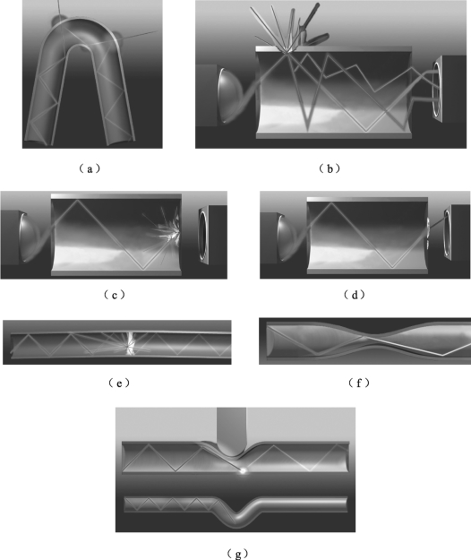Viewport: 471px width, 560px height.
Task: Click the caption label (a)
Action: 90,168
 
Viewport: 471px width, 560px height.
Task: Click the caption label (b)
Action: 329,168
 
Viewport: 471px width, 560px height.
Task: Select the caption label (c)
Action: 115,295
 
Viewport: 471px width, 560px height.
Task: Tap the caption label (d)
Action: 355,295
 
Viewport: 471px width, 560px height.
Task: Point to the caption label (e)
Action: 119,383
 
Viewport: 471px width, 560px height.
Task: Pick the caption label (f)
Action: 358,383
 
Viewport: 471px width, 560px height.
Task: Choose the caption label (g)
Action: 237,554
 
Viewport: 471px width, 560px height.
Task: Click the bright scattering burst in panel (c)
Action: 172,231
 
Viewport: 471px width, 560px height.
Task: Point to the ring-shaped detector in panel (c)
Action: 203,234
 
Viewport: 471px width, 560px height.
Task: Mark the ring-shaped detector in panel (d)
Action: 449,233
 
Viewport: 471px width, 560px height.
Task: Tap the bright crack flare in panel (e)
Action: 130,343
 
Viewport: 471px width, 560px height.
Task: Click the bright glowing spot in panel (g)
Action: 244,470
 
